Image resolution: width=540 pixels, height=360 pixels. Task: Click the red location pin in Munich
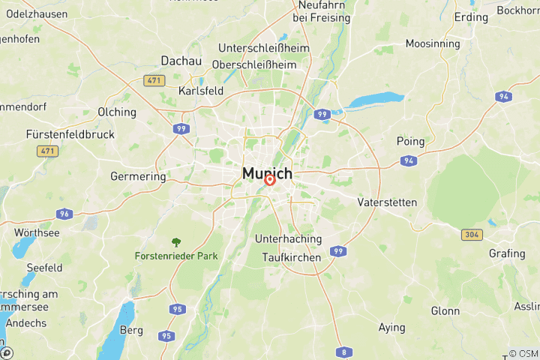(269, 180)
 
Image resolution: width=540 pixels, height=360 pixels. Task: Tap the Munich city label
(267, 174)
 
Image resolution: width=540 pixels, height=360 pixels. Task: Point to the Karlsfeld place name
(201, 91)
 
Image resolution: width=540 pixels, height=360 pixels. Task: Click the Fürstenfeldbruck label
(70, 134)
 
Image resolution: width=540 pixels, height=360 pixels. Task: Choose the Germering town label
(138, 177)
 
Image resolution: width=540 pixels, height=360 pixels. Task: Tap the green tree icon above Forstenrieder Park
(176, 242)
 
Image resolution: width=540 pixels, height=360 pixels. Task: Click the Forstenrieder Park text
(176, 256)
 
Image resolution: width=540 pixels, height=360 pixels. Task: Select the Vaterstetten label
(387, 202)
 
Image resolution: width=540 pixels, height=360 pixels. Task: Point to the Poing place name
(410, 141)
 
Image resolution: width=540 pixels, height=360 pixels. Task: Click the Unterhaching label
(288, 239)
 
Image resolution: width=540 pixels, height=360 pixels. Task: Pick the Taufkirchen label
(292, 257)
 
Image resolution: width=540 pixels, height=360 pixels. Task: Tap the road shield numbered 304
(471, 235)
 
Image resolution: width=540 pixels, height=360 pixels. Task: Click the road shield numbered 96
(65, 214)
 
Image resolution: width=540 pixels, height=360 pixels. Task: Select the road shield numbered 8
(344, 352)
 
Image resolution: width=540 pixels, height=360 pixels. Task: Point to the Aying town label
(391, 328)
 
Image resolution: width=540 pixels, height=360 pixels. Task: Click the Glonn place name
(445, 310)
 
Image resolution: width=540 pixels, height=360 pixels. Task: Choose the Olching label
(117, 112)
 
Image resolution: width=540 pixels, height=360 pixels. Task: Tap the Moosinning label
(433, 43)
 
